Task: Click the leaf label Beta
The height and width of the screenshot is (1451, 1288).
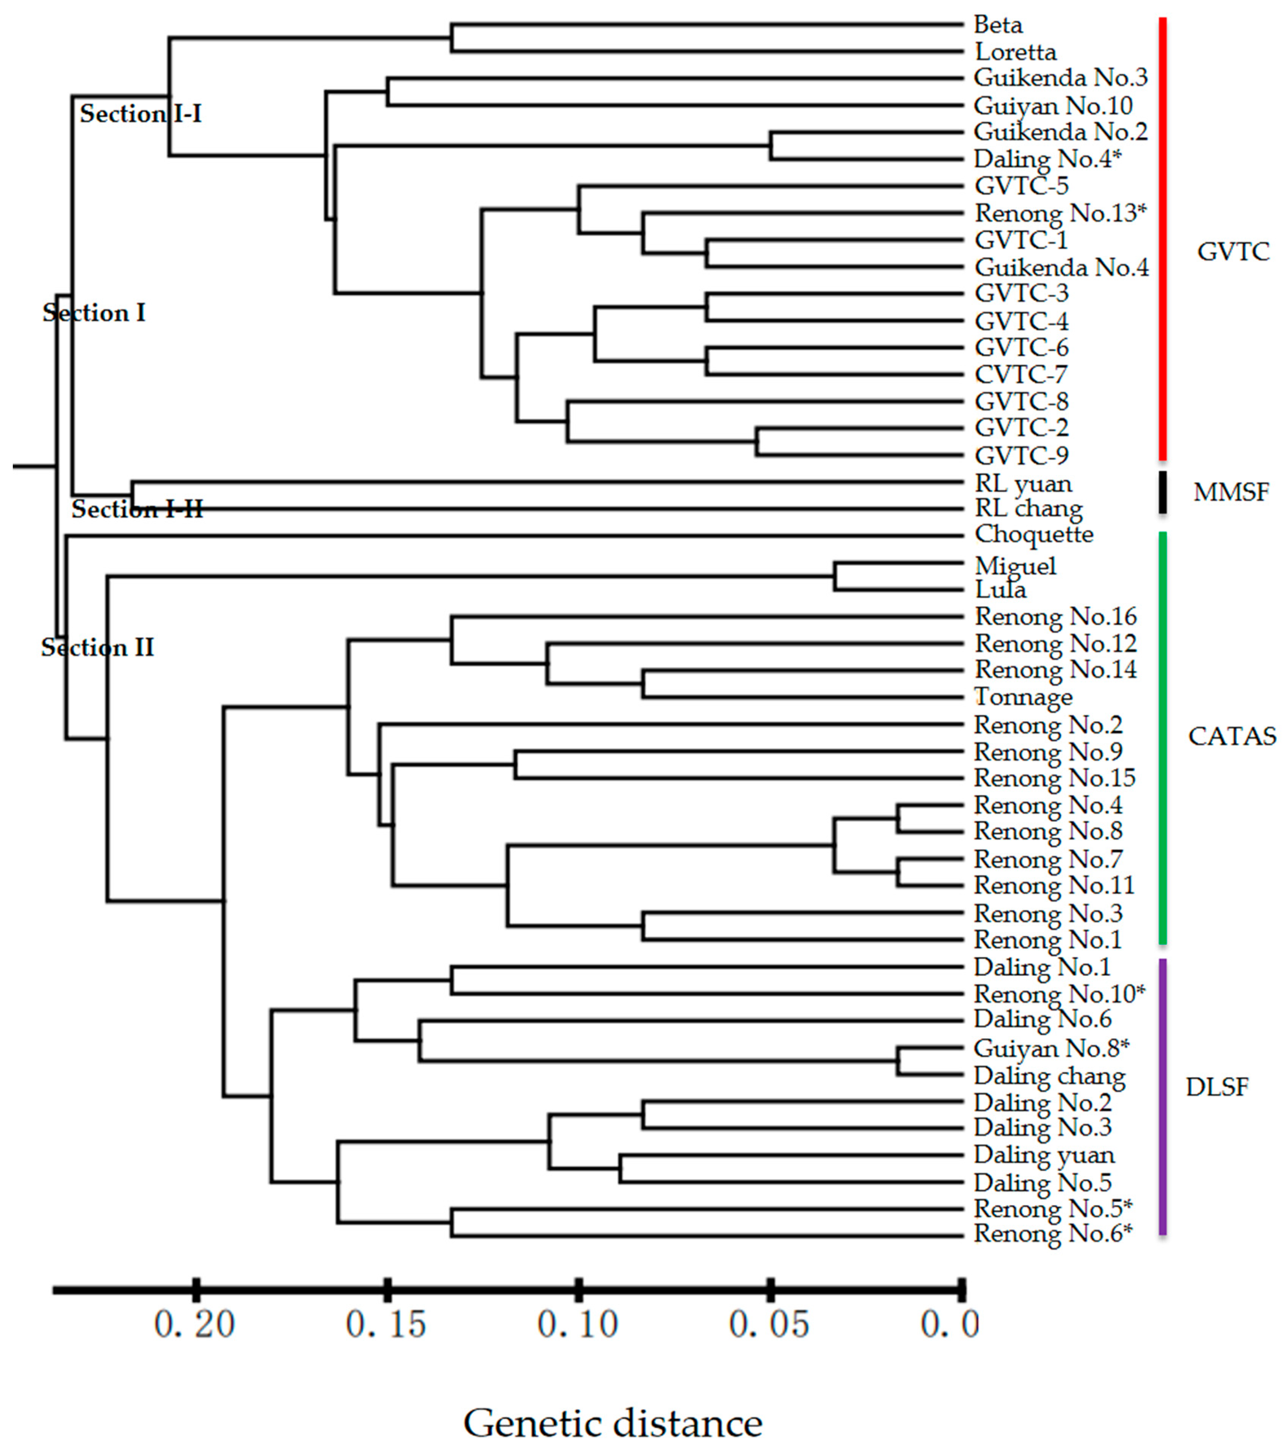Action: (x=998, y=25)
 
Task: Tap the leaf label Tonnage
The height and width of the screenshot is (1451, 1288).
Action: (x=1023, y=697)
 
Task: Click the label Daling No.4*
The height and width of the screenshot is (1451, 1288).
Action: (x=1047, y=159)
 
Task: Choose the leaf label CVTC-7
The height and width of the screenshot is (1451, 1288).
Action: (x=1020, y=374)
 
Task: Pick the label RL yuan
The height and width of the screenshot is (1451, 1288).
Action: (x=1023, y=484)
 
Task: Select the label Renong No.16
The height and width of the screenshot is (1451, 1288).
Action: (x=1055, y=616)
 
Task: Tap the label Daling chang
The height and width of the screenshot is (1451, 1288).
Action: (x=1049, y=1076)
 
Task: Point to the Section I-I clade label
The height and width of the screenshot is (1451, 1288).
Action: (x=140, y=113)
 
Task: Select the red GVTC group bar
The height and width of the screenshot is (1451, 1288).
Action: (x=1162, y=238)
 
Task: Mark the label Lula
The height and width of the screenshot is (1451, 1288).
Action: (x=1000, y=589)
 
